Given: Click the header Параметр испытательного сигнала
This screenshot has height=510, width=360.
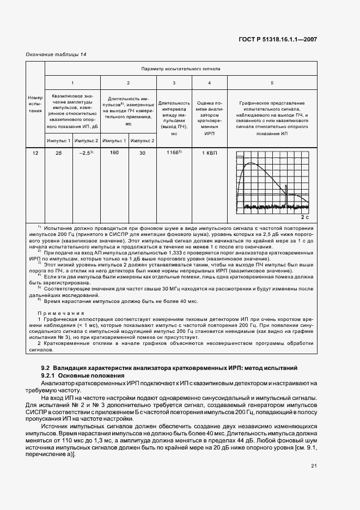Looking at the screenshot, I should (x=180, y=69).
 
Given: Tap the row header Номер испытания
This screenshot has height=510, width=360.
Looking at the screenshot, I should (x=35, y=104).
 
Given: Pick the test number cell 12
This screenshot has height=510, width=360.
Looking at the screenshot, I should (x=35, y=154).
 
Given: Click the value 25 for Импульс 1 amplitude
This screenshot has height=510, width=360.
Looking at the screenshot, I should (x=58, y=154).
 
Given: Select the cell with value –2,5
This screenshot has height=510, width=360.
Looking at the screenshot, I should (x=86, y=154).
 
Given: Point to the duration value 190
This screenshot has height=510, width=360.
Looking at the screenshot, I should (x=114, y=154).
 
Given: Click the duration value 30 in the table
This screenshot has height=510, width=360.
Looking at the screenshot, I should (x=142, y=154).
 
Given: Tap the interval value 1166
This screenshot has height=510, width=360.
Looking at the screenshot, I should (x=174, y=154).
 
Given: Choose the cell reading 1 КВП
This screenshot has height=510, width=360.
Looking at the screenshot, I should (x=210, y=154).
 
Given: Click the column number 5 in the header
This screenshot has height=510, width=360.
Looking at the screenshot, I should (x=272, y=83).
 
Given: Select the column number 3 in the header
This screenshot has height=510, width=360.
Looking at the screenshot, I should (x=174, y=83).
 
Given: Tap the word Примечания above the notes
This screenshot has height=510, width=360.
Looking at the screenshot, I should (x=60, y=314).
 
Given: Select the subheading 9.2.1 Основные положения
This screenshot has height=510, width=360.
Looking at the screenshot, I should (x=78, y=376).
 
